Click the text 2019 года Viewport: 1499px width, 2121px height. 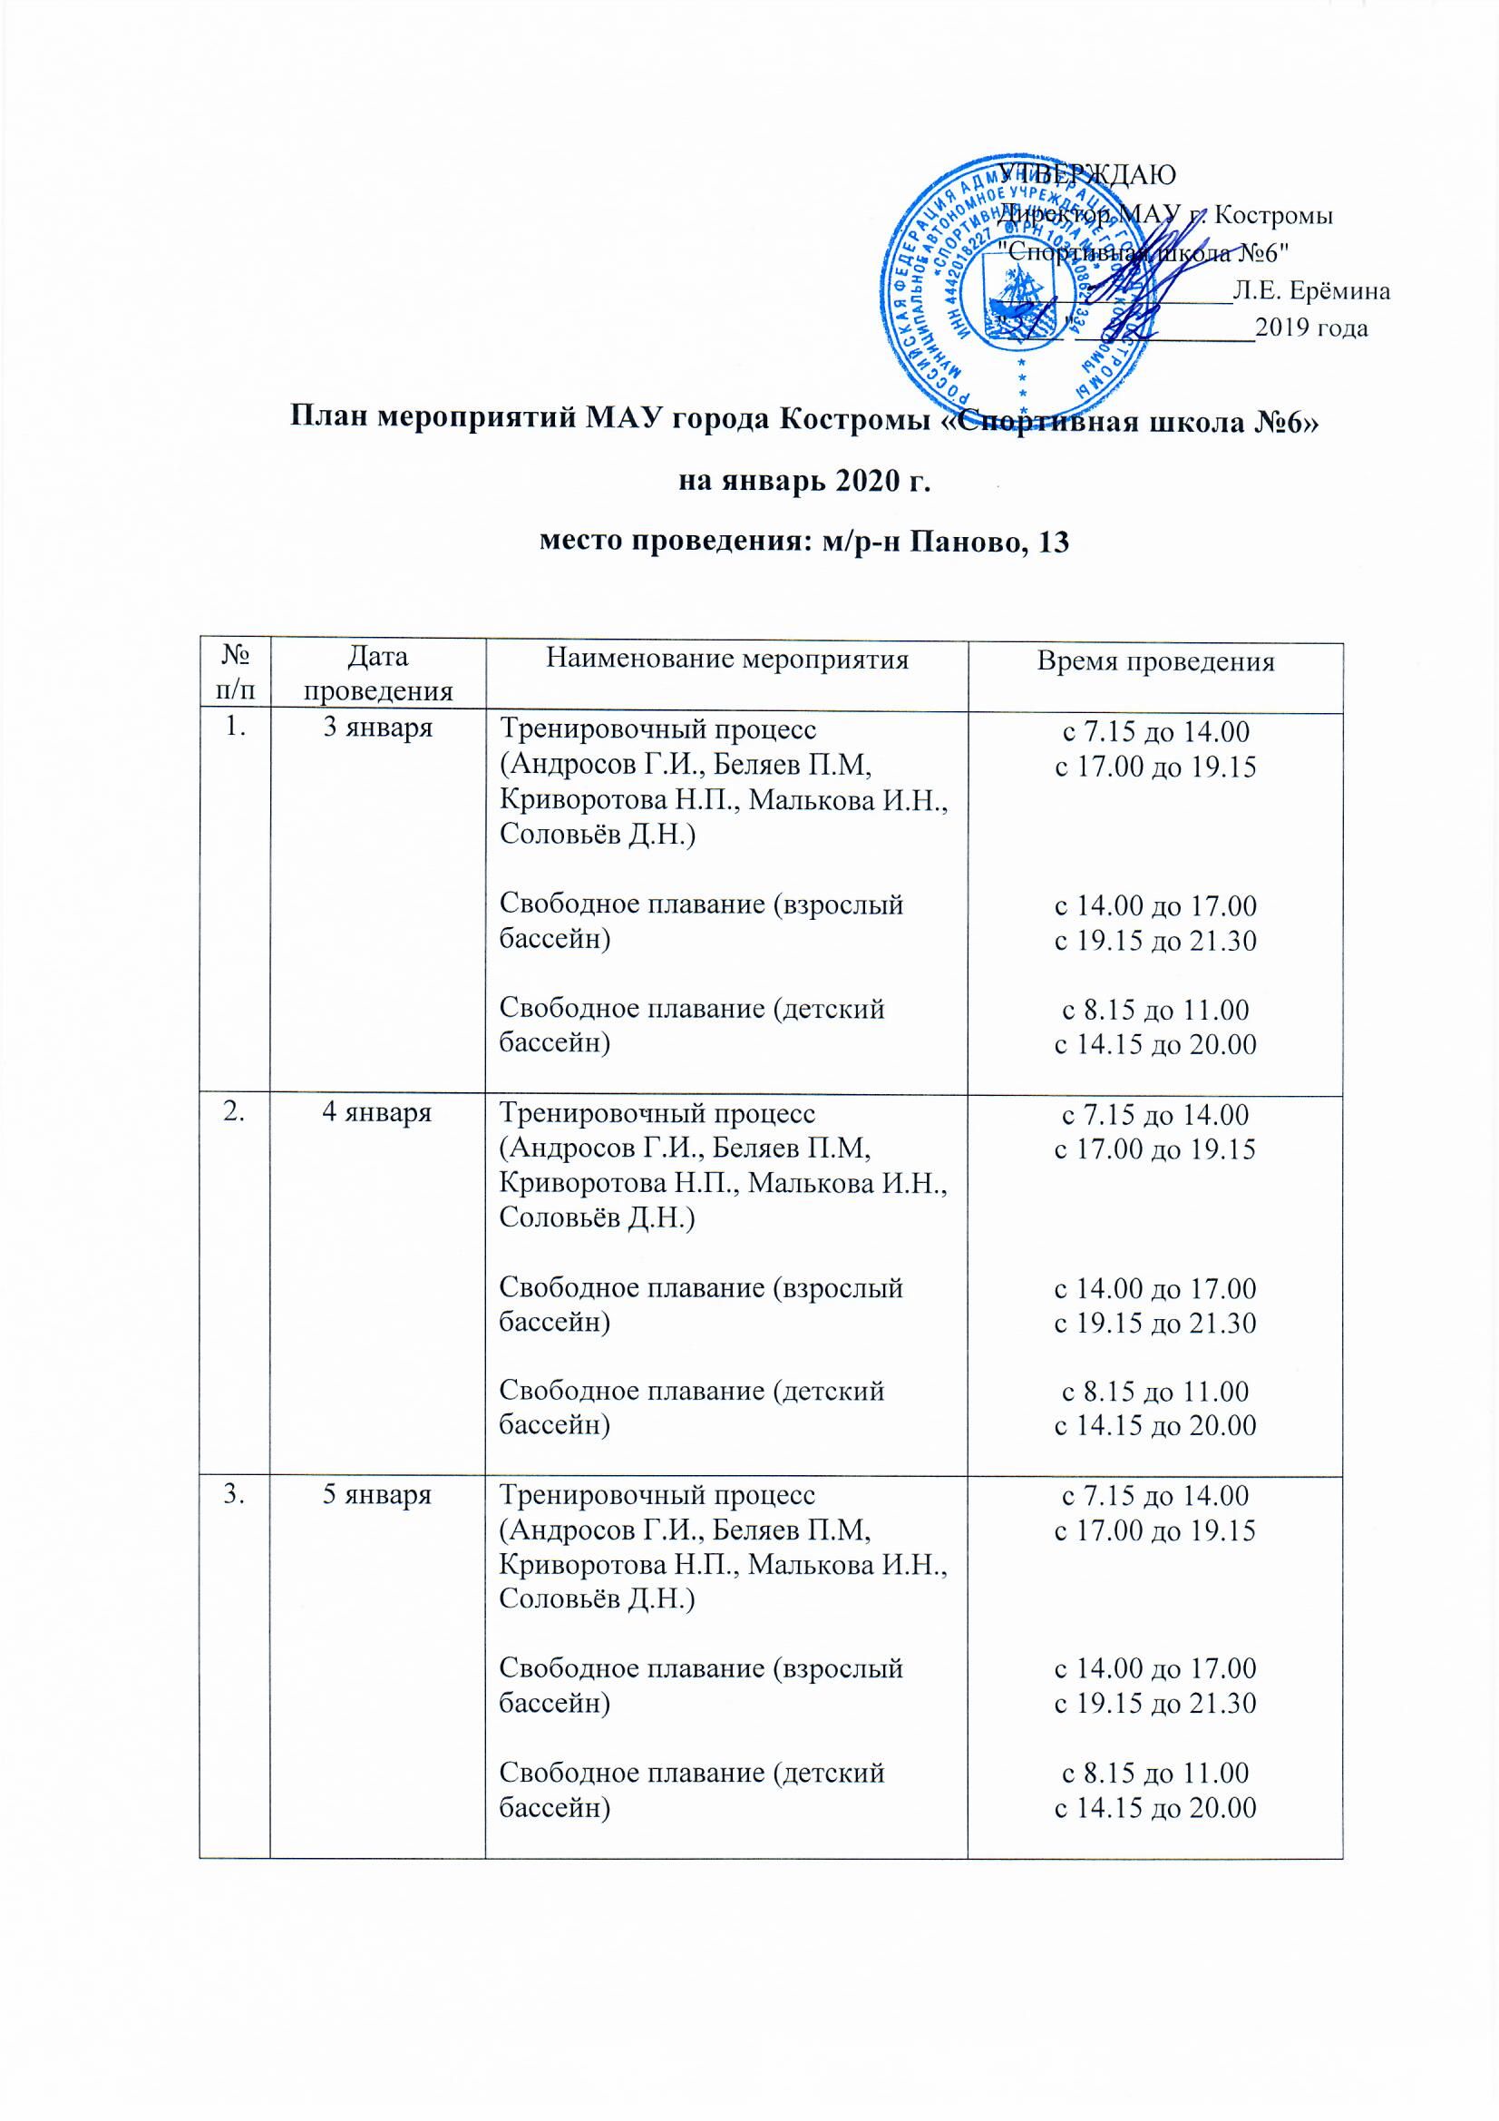[x=1311, y=327]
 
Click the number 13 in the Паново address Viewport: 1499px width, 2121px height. [x=1054, y=542]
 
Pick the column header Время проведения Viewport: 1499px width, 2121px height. [x=1154, y=661]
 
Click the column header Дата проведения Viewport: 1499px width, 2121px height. [x=379, y=674]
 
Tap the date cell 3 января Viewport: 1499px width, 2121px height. [x=377, y=728]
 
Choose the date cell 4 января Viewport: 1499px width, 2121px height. [x=377, y=1112]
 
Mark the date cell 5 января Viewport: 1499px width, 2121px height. [x=377, y=1495]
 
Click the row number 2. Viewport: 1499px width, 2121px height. [x=235, y=1112]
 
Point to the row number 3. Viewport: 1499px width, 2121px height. [x=235, y=1495]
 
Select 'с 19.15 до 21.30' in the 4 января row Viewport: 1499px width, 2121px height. [x=1155, y=1324]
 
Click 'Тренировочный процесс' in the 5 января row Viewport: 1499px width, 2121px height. [x=657, y=1495]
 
